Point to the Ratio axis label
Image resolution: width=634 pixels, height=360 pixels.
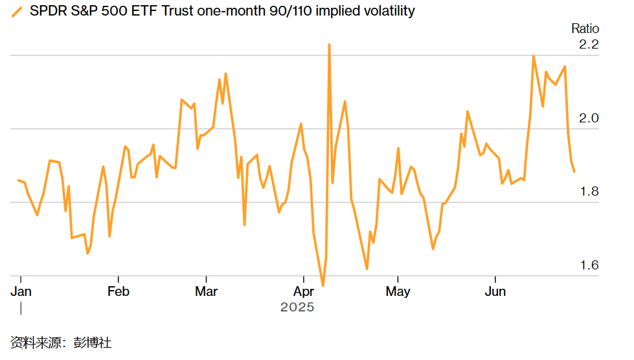[585, 28]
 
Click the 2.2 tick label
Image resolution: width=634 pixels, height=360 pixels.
[588, 45]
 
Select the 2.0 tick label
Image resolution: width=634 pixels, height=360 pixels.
[588, 118]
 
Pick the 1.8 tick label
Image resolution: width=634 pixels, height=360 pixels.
[588, 192]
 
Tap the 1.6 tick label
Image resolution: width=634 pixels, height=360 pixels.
[588, 265]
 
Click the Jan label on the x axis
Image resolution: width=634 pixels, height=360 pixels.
[21, 291]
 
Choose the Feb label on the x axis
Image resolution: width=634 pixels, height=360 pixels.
[118, 291]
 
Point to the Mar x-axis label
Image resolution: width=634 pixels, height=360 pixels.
[206, 291]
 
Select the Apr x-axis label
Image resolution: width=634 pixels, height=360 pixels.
[304, 291]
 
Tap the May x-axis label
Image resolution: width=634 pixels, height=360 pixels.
[398, 291]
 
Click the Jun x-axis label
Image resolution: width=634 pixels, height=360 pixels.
[495, 291]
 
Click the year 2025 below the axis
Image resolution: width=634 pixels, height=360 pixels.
[297, 307]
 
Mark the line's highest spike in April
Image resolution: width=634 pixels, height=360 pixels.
[329, 45]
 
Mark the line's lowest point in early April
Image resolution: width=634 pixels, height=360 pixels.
[323, 285]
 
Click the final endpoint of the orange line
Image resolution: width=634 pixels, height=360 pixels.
[574, 171]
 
